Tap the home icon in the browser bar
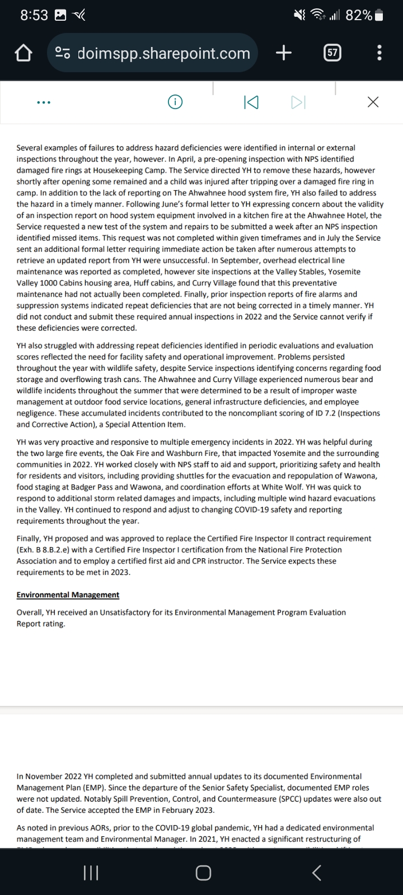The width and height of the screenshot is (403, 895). coord(22,53)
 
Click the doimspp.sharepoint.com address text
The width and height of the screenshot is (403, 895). coord(163,53)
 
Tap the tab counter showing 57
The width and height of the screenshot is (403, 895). coord(332,53)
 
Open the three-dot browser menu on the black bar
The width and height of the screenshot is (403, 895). coord(380,53)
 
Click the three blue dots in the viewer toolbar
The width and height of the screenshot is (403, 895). coord(43,102)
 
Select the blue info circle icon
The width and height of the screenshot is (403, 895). coord(175,102)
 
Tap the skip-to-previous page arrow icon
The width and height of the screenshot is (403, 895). coord(251,102)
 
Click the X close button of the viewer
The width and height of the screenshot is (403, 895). coord(373,102)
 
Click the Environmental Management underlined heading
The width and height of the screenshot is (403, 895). coord(68,595)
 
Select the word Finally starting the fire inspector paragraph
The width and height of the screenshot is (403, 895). coord(31,539)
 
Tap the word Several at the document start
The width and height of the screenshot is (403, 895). coord(31,148)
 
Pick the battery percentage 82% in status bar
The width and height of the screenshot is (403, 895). coord(359,16)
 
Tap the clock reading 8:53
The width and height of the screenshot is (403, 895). coord(34,16)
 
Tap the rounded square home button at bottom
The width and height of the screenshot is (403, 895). coord(203,873)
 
